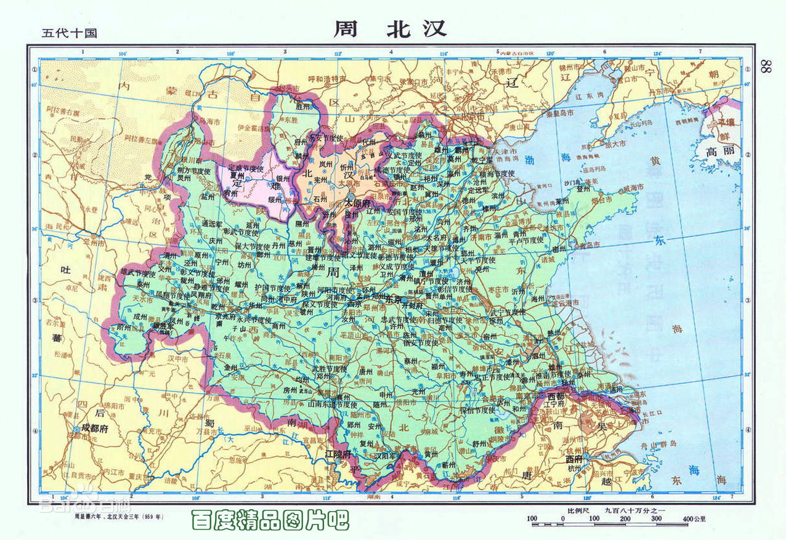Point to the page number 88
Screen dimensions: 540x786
point(767,67)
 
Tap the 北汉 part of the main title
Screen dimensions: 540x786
point(416,28)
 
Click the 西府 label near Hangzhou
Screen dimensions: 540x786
point(574,459)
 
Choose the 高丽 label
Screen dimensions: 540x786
point(720,151)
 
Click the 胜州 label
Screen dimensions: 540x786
point(304,106)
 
